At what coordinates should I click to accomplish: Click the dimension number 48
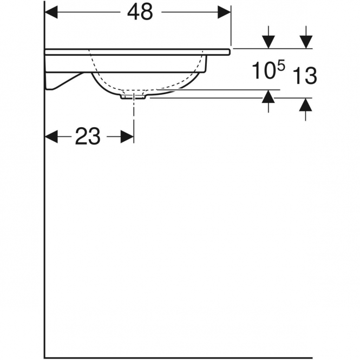[x=140, y=12]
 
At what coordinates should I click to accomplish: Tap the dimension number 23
[x=88, y=136]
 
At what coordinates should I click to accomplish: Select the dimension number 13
[x=305, y=76]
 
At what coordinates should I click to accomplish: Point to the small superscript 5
[x=282, y=65]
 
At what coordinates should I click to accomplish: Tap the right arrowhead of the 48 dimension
[x=224, y=12]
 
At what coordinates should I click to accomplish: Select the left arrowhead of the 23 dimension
[x=51, y=137]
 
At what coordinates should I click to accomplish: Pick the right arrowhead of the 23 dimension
[x=127, y=137]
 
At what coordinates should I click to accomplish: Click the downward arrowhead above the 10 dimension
[x=268, y=42]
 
